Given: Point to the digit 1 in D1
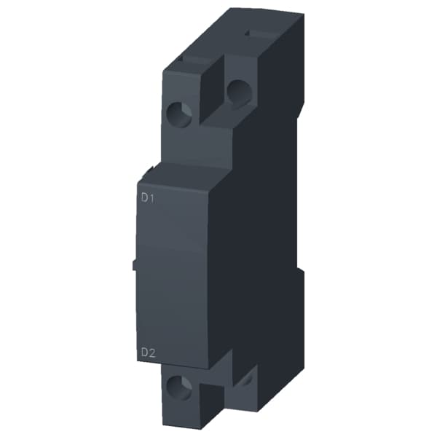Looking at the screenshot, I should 152,197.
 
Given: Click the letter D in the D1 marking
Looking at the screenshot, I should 144,197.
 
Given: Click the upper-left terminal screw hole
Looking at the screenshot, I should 180,112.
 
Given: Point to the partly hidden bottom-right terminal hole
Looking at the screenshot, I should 245,378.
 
